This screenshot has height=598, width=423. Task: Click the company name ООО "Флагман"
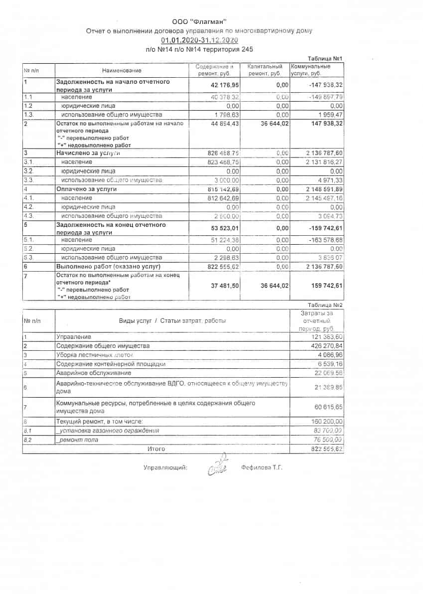pyautogui.click(x=199, y=21)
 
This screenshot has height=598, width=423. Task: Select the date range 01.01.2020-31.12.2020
pyautogui.click(x=199, y=40)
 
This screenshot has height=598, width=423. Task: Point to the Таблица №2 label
pyautogui.click(x=325, y=304)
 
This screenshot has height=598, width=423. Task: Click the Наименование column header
pyautogui.click(x=122, y=70)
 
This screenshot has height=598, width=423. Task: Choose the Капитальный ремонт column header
pyautogui.click(x=265, y=70)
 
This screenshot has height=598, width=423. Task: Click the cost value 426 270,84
pyautogui.click(x=325, y=346)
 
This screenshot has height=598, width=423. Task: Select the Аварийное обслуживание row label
pyautogui.click(x=94, y=373)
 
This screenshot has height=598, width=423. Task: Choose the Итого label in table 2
pyautogui.click(x=156, y=448)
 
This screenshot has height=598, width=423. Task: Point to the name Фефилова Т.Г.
pyautogui.click(x=262, y=467)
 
